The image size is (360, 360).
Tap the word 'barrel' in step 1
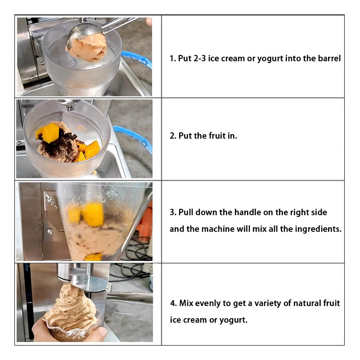point(328,58)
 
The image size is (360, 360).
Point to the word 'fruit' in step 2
point(218,136)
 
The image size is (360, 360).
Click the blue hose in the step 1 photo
point(137,58)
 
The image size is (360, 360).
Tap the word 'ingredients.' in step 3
point(318,229)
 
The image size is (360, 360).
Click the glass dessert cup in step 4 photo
point(72,332)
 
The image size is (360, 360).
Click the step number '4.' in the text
point(173,303)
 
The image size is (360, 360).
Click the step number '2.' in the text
point(173,136)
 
